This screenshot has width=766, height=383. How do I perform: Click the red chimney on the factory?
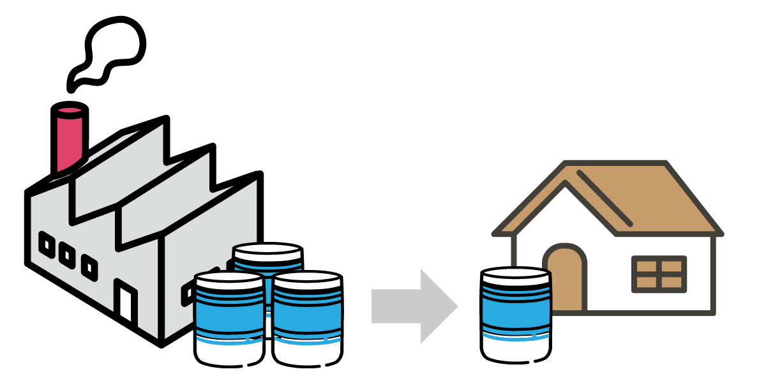pos(69,137)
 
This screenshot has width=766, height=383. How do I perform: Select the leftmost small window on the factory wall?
pos(47,244)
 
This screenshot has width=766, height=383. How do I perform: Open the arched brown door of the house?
pos(565,281)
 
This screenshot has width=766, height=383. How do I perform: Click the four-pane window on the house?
pos(659,274)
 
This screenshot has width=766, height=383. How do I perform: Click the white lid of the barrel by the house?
pos(515,276)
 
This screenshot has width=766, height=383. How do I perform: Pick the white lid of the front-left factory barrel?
pos(229,280)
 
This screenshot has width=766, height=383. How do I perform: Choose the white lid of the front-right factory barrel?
pos(307,280)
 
